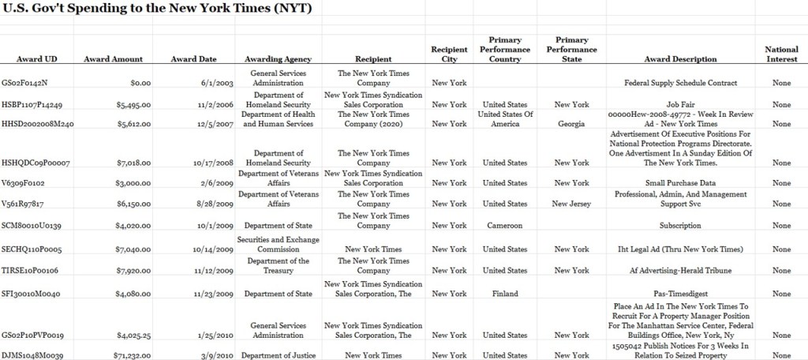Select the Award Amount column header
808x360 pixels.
point(113,59)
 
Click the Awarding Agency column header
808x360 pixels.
point(278,59)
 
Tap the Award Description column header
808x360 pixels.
point(680,59)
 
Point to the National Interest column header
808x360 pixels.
point(781,54)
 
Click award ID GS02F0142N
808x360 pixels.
point(25,83)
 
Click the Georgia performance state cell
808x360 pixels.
point(571,124)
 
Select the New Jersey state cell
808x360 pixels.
point(571,204)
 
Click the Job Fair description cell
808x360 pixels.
point(680,104)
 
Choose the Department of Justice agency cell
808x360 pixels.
point(278,355)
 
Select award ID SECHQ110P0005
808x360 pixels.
point(32,249)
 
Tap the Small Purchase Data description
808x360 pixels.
point(680,183)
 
